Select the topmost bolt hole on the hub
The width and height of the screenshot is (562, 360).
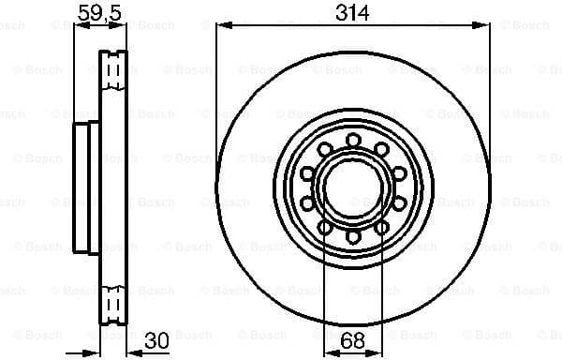pos(353,141)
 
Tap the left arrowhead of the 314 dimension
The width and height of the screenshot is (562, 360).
pos(221,25)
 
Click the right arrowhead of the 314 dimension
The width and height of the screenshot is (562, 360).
pos(485,25)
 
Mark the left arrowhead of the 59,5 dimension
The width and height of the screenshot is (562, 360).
pos(77,25)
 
